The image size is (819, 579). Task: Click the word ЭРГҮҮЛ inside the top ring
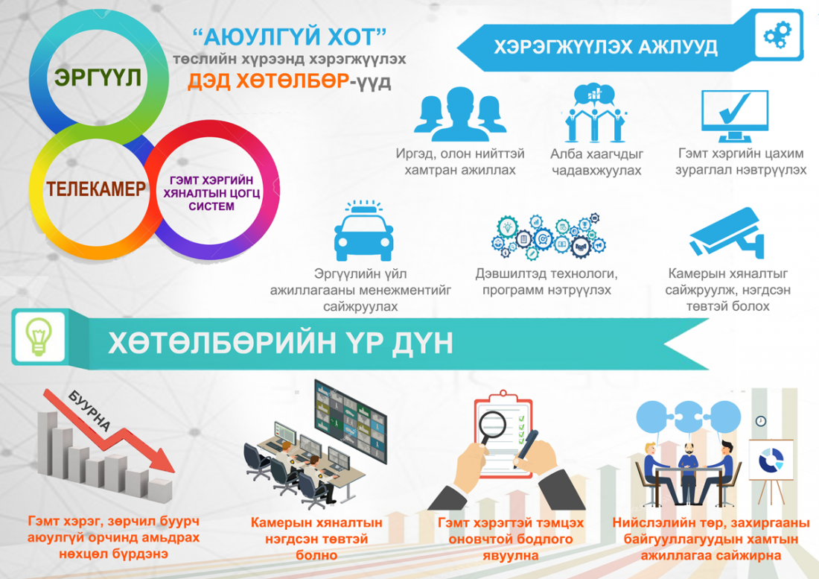point(98,77)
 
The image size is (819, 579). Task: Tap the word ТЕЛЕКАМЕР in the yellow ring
point(95,189)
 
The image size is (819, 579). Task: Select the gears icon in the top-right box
point(778,35)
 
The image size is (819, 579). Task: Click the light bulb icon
point(39,337)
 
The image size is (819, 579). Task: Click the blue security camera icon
point(727,233)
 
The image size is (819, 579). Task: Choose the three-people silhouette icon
point(459,114)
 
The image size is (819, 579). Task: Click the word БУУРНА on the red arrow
point(89,411)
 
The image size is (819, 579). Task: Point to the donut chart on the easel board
point(771,460)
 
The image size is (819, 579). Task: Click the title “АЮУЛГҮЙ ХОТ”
point(290,37)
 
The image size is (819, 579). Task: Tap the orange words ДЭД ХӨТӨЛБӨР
point(269,81)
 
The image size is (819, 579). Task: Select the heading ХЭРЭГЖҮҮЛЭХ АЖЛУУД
point(605,47)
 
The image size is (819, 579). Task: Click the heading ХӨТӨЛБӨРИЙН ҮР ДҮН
point(281,344)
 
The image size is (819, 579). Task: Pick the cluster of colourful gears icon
point(546,236)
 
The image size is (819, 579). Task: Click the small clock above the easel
point(760,421)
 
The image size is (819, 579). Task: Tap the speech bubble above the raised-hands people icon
point(594,95)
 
